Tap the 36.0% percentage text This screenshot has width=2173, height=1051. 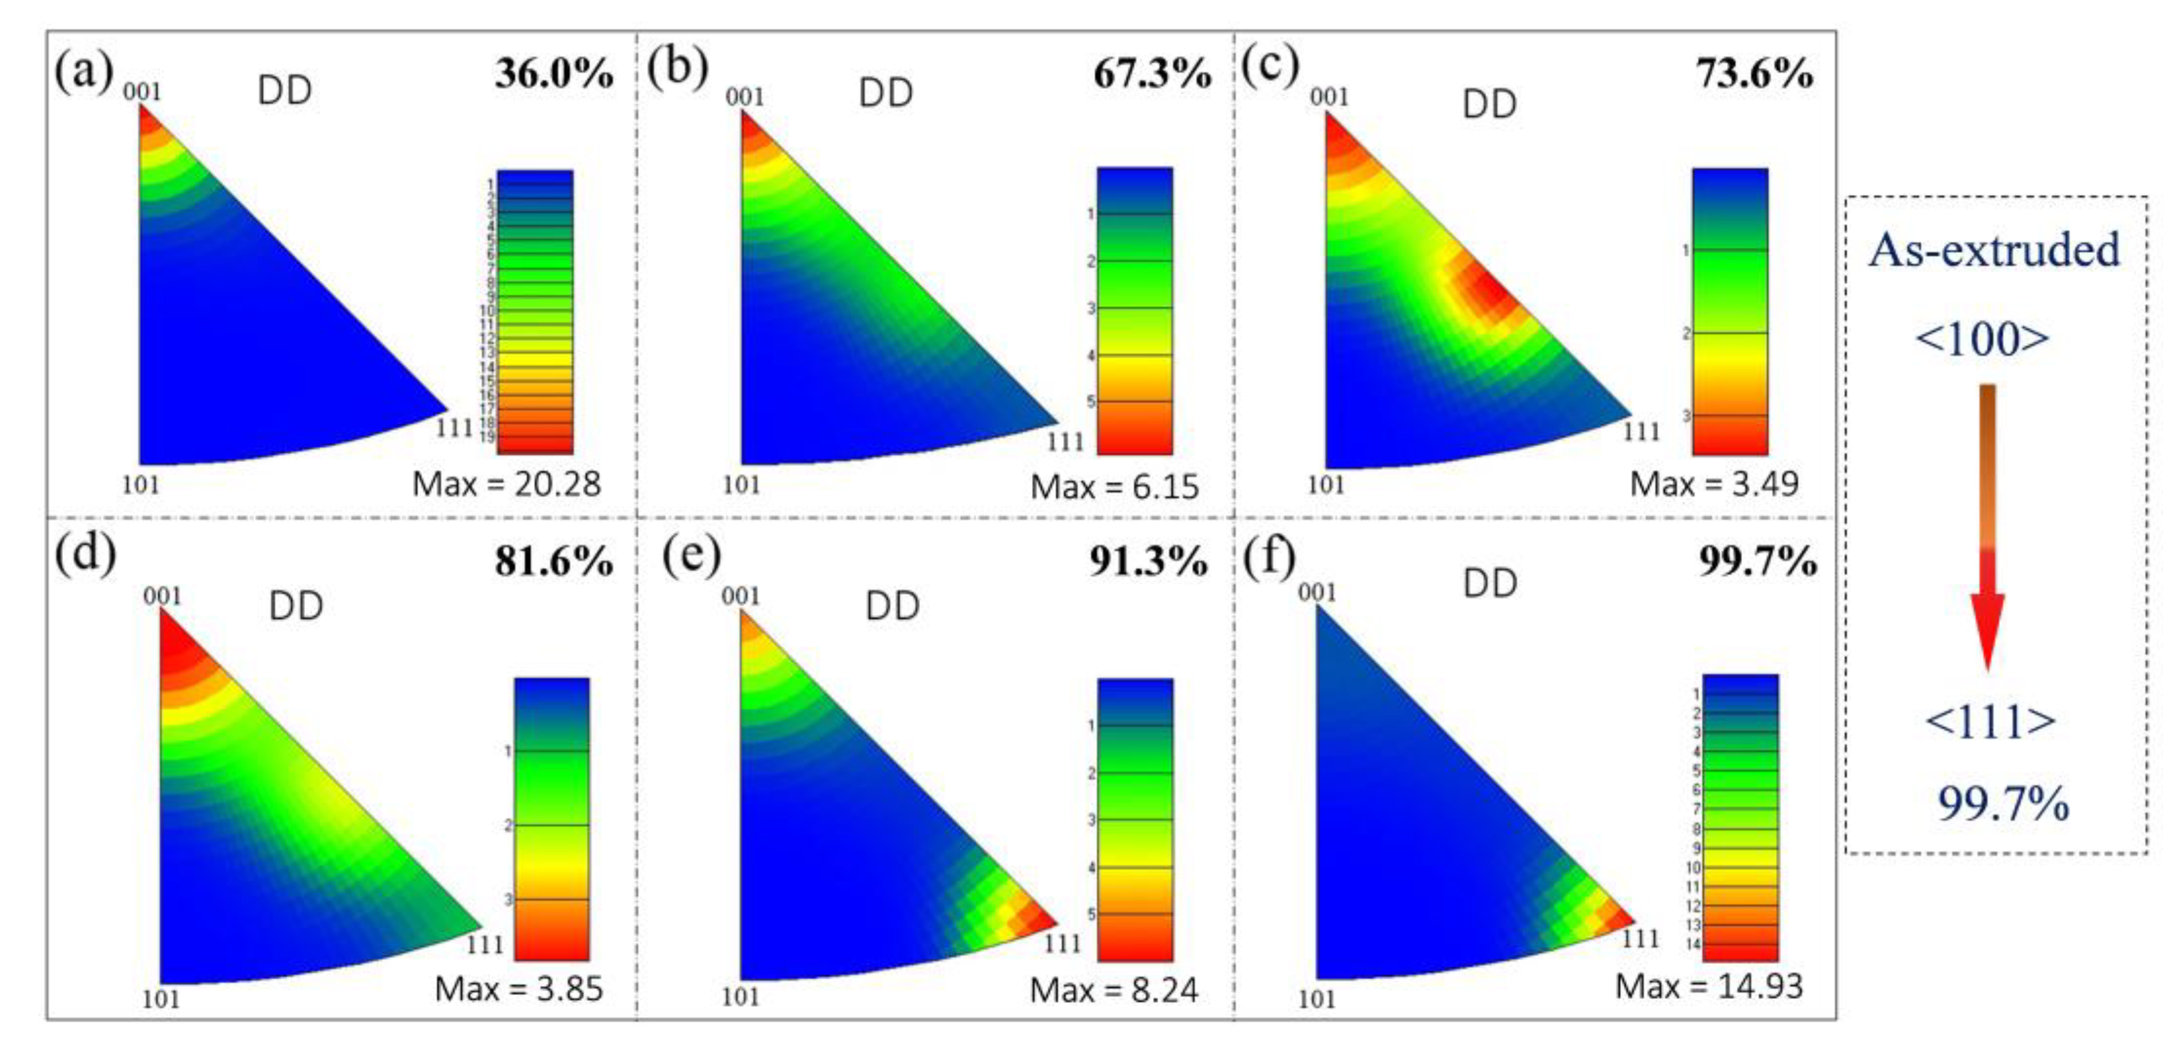point(554,74)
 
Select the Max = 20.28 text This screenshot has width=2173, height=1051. point(506,484)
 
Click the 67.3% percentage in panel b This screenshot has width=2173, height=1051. point(1152,74)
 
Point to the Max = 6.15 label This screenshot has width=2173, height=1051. point(1114,487)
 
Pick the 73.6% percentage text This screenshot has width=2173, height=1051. point(1755,74)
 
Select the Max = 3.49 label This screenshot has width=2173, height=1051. point(1713,484)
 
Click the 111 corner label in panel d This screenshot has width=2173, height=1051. point(485,944)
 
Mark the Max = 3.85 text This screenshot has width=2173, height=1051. point(518,989)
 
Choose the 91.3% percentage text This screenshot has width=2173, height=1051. point(1148,561)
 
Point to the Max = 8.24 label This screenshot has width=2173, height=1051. point(1114,989)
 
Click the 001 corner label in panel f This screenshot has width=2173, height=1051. point(1317,592)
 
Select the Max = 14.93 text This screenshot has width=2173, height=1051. point(1708,985)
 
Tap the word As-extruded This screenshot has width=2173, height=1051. point(1994,250)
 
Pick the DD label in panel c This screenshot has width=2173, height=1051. point(1489,105)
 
